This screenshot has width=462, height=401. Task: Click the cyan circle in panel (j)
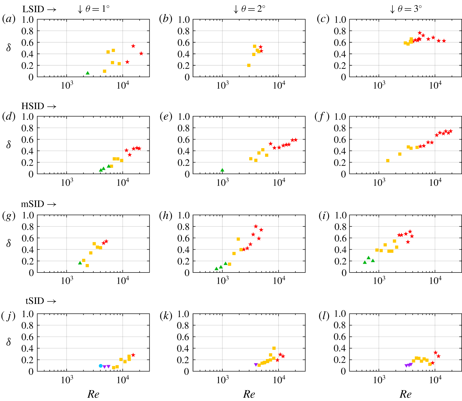101,366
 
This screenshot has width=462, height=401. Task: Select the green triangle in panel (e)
222,170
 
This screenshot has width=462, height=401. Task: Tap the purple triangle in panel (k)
256,365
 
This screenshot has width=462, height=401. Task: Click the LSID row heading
33,9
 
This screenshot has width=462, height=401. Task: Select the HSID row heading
33,106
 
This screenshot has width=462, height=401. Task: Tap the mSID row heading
33,204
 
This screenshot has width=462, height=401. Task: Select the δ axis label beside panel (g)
9,243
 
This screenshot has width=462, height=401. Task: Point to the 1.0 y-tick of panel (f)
340,117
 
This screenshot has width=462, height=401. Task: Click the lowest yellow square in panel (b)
249,65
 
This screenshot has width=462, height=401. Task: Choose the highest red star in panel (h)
256,226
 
